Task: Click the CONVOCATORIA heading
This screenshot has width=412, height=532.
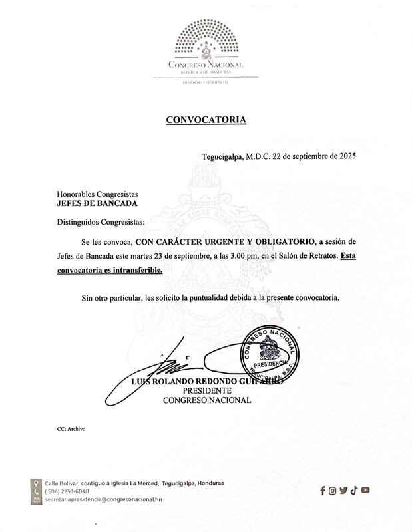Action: [205, 120]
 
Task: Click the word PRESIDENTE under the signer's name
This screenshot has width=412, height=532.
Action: [206, 391]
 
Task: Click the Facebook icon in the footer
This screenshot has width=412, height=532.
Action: [323, 491]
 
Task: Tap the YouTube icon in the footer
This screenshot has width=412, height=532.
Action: [365, 491]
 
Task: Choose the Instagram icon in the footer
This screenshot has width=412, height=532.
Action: [333, 491]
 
